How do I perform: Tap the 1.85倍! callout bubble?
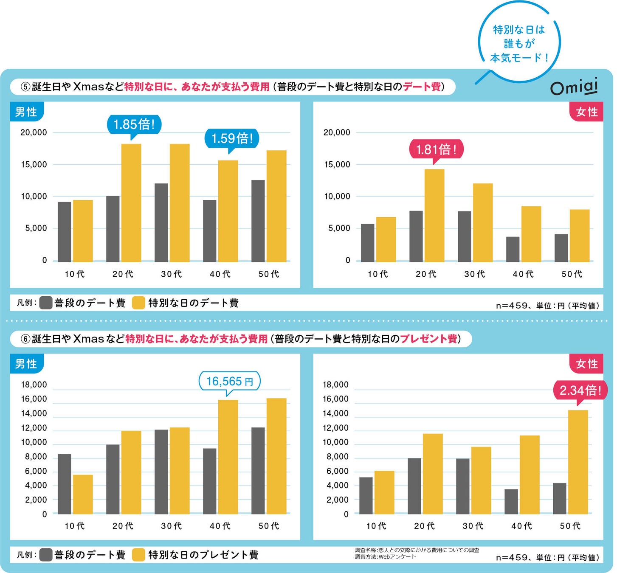click(134, 124)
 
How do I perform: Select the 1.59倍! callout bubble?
click(232, 138)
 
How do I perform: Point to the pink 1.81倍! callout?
click(436, 149)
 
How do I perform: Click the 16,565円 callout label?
click(229, 381)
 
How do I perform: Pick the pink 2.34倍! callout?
click(580, 390)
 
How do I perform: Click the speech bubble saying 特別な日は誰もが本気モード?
click(519, 43)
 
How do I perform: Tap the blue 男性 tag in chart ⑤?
click(26, 112)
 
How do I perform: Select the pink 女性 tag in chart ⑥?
click(586, 364)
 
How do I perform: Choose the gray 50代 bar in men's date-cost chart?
click(258, 221)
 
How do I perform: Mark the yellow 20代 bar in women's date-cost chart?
click(434, 215)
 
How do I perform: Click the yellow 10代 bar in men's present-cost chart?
click(83, 494)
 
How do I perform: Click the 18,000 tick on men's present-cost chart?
click(34, 385)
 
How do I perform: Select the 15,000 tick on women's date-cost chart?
click(337, 164)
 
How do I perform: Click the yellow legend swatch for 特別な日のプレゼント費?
click(139, 555)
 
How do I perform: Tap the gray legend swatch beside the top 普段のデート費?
click(46, 303)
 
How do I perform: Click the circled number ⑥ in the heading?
click(26, 339)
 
